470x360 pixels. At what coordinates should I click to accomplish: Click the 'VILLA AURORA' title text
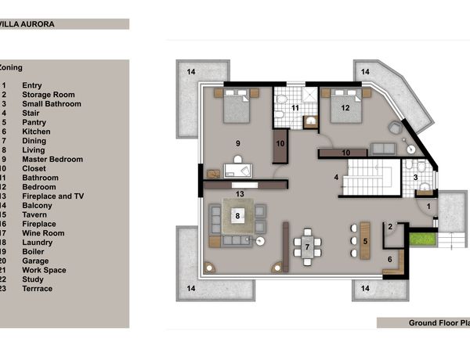click(27, 24)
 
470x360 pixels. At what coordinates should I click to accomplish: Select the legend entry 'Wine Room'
click(43, 233)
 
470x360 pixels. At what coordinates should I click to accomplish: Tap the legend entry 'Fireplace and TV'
click(53, 196)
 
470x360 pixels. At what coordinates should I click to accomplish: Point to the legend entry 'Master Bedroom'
click(52, 159)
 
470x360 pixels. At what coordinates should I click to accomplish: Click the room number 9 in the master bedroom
click(237, 143)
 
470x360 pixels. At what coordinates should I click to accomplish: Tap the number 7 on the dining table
click(307, 247)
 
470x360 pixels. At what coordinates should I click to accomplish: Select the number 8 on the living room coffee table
click(237, 216)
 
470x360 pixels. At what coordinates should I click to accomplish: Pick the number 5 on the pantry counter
click(365, 241)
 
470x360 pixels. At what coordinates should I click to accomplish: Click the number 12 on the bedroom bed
click(345, 108)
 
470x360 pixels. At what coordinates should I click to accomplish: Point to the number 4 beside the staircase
click(336, 178)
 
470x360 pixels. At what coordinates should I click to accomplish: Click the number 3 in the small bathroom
click(415, 178)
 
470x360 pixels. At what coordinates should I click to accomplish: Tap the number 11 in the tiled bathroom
click(295, 108)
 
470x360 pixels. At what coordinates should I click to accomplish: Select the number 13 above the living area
click(240, 194)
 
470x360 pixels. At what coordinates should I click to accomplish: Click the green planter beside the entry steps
click(422, 239)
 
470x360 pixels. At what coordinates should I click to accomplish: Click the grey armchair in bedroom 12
click(396, 128)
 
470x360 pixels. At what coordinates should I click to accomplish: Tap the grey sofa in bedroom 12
click(383, 149)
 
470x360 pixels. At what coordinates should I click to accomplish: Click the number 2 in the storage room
click(390, 227)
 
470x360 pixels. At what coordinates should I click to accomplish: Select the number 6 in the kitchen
click(389, 259)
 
